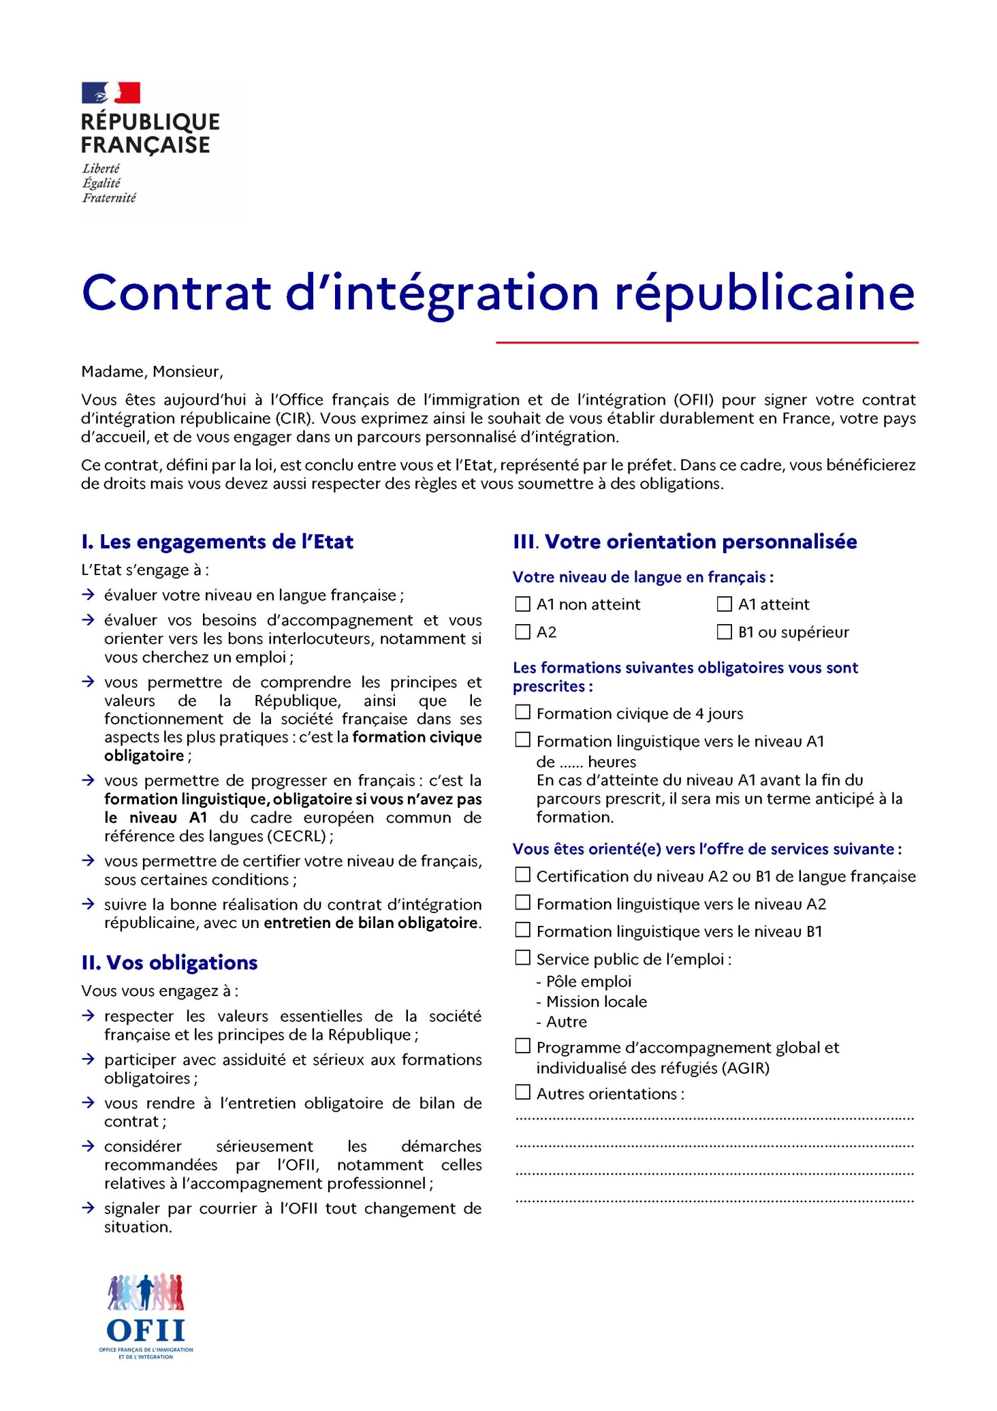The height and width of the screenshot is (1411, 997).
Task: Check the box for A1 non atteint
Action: [x=522, y=604]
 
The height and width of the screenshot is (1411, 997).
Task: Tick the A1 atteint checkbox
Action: [x=724, y=604]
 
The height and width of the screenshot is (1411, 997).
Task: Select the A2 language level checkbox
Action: [x=522, y=632]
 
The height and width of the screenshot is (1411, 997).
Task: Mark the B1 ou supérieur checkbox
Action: [x=724, y=632]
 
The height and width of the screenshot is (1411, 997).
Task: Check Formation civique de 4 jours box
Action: [x=522, y=713]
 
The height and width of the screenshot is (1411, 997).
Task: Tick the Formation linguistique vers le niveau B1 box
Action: [x=522, y=930]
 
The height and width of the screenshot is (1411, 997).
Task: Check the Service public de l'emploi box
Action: [x=522, y=958]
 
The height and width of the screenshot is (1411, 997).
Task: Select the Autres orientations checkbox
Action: [x=522, y=1093]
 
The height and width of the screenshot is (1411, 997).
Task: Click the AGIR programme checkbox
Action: [x=522, y=1046]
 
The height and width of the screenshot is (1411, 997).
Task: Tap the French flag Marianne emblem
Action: [x=111, y=93]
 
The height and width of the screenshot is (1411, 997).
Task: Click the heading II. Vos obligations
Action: [x=170, y=963]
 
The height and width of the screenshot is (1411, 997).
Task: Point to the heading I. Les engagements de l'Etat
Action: [x=217, y=542]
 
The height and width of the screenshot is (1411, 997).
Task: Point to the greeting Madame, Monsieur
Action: [x=152, y=372]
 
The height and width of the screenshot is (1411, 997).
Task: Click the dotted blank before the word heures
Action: [x=571, y=762]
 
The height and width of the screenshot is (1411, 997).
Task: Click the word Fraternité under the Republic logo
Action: [x=109, y=198]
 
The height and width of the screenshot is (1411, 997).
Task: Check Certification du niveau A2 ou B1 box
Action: [x=522, y=875]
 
